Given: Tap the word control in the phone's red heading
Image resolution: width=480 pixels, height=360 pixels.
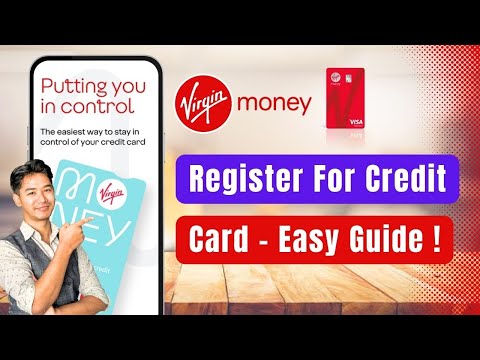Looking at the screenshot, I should coord(101,104).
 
